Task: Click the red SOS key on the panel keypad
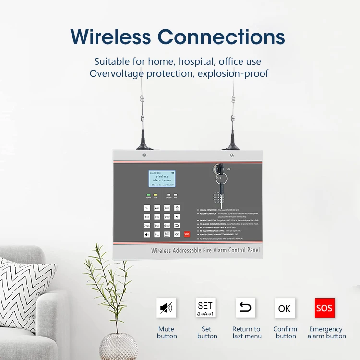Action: tap(187, 234)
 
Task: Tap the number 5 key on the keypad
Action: tap(157, 216)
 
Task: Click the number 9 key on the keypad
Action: tap(167, 225)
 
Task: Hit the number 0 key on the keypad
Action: tap(157, 234)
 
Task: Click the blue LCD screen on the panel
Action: tap(161, 179)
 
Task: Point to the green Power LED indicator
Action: tap(149, 194)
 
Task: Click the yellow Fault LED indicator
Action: tap(156, 194)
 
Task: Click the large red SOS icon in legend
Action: tap(324, 308)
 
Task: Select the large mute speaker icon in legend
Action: tap(167, 308)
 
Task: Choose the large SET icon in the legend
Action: tap(205, 308)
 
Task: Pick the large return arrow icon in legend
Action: tap(245, 308)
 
